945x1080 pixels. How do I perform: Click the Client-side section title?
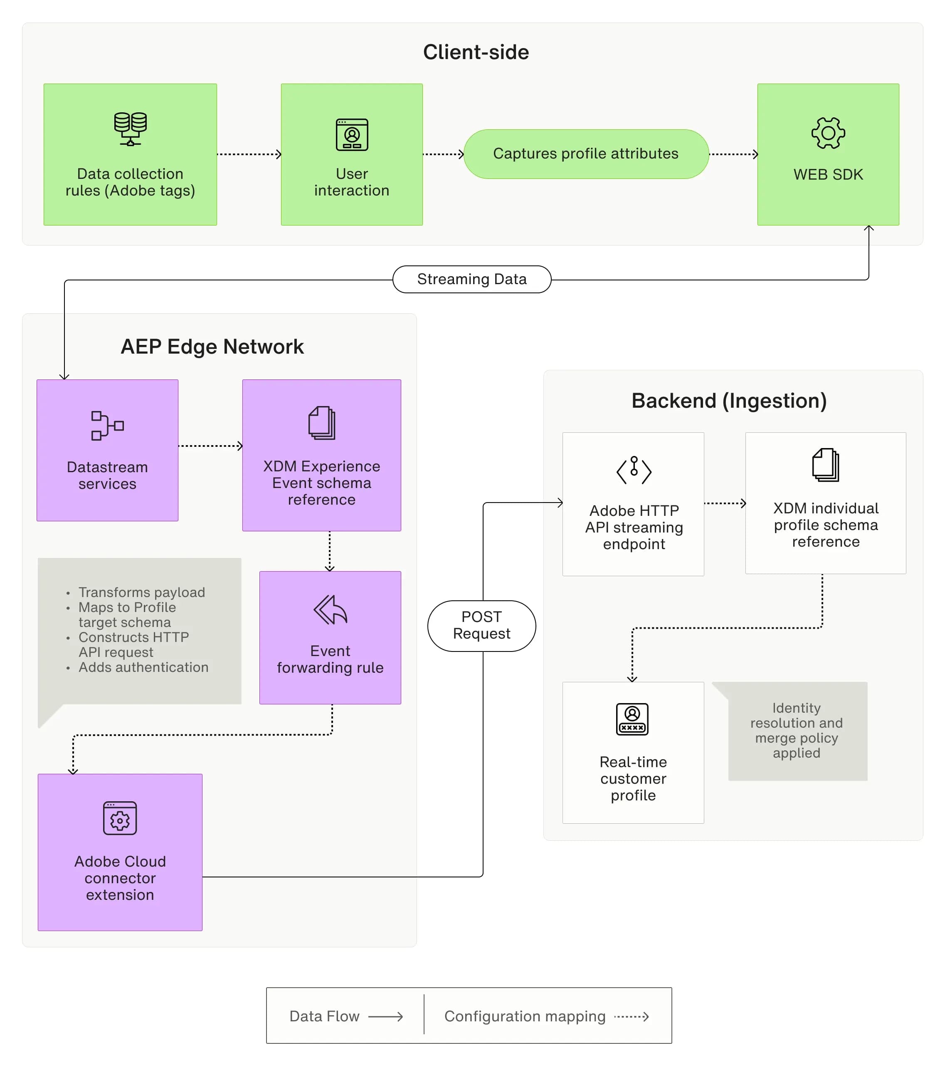[x=476, y=52]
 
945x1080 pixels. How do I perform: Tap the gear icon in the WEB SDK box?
[x=828, y=133]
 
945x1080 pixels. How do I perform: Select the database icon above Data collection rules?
[x=130, y=129]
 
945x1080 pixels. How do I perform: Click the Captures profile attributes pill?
[x=586, y=154]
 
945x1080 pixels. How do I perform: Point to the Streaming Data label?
[x=471, y=279]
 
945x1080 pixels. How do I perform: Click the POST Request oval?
[x=481, y=626]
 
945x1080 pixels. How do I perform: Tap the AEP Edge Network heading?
[x=212, y=347]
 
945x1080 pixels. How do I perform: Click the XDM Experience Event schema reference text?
[x=321, y=483]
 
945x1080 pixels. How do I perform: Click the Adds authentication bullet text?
[x=143, y=667]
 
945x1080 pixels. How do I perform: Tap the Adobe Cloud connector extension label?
[x=120, y=878]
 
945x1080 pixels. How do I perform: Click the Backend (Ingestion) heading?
[x=729, y=401]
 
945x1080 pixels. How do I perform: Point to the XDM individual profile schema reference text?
[x=825, y=525]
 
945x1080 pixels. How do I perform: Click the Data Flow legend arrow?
[x=385, y=1017]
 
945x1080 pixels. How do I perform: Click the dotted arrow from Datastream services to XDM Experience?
[x=210, y=446]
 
